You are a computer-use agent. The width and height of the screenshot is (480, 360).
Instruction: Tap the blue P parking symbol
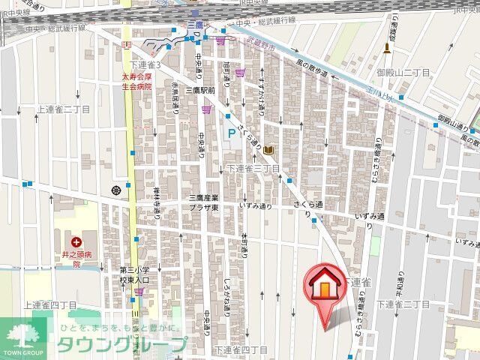229,134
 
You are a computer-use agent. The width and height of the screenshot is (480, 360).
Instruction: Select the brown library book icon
268,151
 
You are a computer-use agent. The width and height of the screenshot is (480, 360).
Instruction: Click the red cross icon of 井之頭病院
76,242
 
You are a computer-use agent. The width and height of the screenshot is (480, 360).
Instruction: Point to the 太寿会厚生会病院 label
136,81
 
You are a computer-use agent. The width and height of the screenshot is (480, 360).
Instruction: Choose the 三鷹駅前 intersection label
201,91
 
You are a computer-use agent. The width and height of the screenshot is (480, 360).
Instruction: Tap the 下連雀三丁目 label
253,168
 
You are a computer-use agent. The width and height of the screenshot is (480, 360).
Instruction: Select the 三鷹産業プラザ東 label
203,202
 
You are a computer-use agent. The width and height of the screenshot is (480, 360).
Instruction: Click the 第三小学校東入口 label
135,274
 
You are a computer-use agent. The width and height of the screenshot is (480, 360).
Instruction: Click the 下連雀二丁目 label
403,304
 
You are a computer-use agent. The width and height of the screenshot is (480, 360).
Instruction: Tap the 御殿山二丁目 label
403,72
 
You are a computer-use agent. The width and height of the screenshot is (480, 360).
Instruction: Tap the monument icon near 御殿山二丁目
387,49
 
